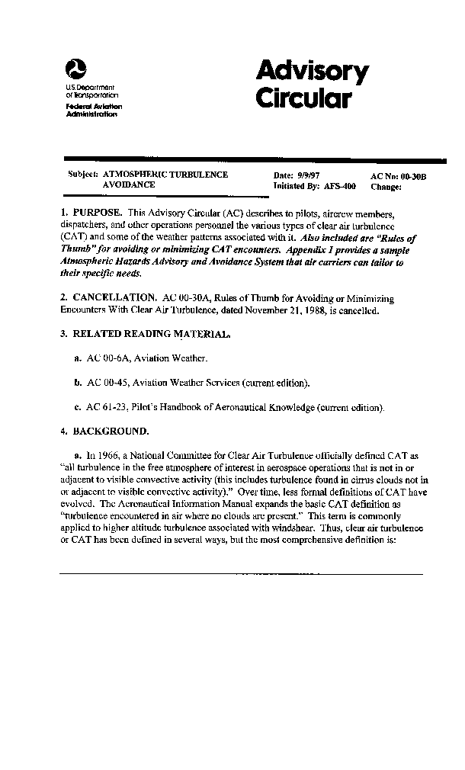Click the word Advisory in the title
[312, 72]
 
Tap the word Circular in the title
[303, 100]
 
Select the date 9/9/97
[309, 175]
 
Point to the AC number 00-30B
[412, 176]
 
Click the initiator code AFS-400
[340, 185]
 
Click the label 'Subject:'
[83, 175]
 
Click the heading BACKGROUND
[111, 431]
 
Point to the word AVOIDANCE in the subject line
[129, 184]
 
